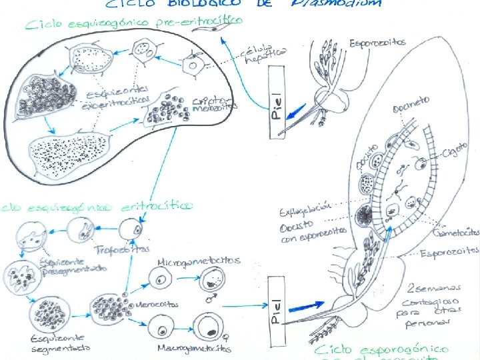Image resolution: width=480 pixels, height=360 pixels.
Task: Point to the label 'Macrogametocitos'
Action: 194,347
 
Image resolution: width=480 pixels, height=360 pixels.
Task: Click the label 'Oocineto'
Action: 411,104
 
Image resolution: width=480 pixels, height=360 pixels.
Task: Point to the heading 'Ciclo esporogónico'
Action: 381,349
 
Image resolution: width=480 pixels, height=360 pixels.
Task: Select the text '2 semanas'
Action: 434,288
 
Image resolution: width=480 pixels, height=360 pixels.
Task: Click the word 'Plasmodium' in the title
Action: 337,3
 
